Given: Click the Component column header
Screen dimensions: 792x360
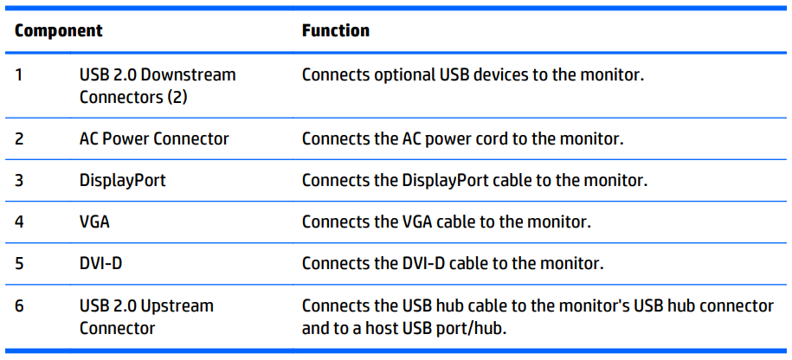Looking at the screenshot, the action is pyautogui.click(x=59, y=31).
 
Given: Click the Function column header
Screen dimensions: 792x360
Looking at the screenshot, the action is pyautogui.click(x=335, y=31).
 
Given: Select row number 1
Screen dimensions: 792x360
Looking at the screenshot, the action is pyautogui.click(x=19, y=75).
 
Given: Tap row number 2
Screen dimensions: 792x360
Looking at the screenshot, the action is pyautogui.click(x=19, y=138).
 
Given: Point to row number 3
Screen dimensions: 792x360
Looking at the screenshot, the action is pyautogui.click(x=19, y=180).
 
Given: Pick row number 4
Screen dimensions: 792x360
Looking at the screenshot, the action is pyautogui.click(x=19, y=222).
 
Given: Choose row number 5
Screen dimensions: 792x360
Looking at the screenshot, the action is pyautogui.click(x=19, y=264).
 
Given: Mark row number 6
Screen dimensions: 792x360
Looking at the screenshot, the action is pyautogui.click(x=19, y=306).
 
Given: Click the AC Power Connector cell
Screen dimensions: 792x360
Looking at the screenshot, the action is pyautogui.click(x=154, y=138).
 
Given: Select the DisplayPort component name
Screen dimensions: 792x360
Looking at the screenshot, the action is pyautogui.click(x=123, y=181).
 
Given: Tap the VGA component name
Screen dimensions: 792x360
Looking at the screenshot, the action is pyautogui.click(x=94, y=222).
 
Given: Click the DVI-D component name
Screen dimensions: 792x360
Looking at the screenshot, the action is pyautogui.click(x=100, y=264).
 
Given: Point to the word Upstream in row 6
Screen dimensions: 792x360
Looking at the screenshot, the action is pyautogui.click(x=177, y=306).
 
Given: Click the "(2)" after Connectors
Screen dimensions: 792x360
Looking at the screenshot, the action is pyautogui.click(x=177, y=97).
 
